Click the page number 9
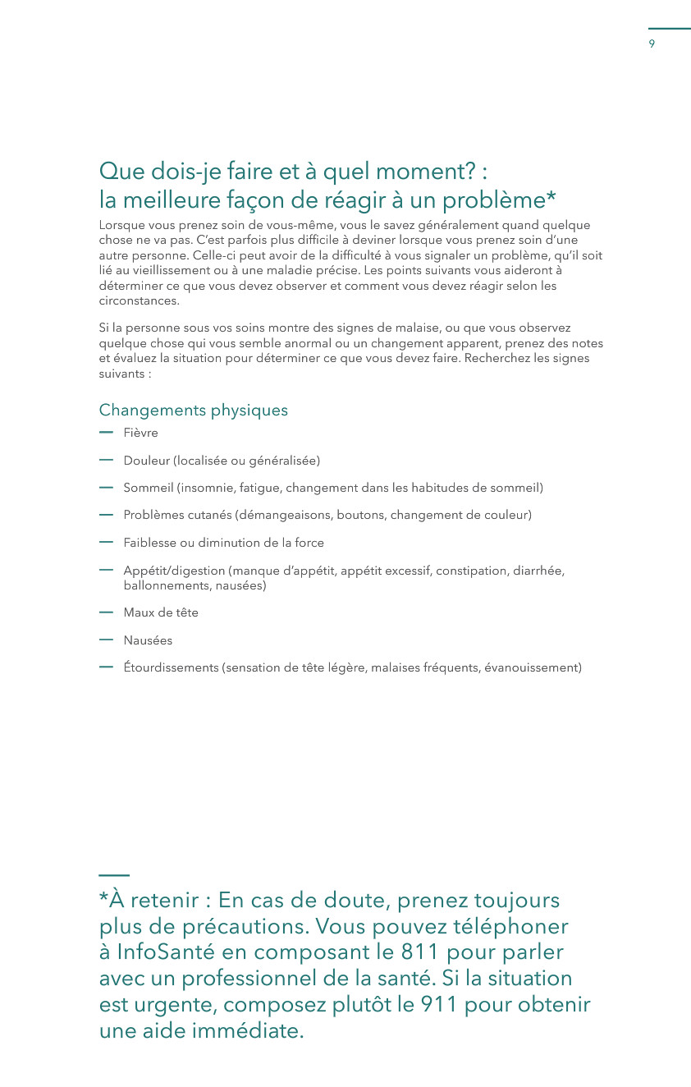[652, 44]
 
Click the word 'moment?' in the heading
[424, 172]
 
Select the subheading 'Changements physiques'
[193, 410]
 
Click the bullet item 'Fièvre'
[140, 433]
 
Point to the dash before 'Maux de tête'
[105, 612]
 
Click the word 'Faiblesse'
[150, 543]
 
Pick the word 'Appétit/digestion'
[174, 571]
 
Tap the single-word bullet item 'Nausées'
[148, 640]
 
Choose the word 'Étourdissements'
[171, 667]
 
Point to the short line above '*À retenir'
[114, 875]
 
